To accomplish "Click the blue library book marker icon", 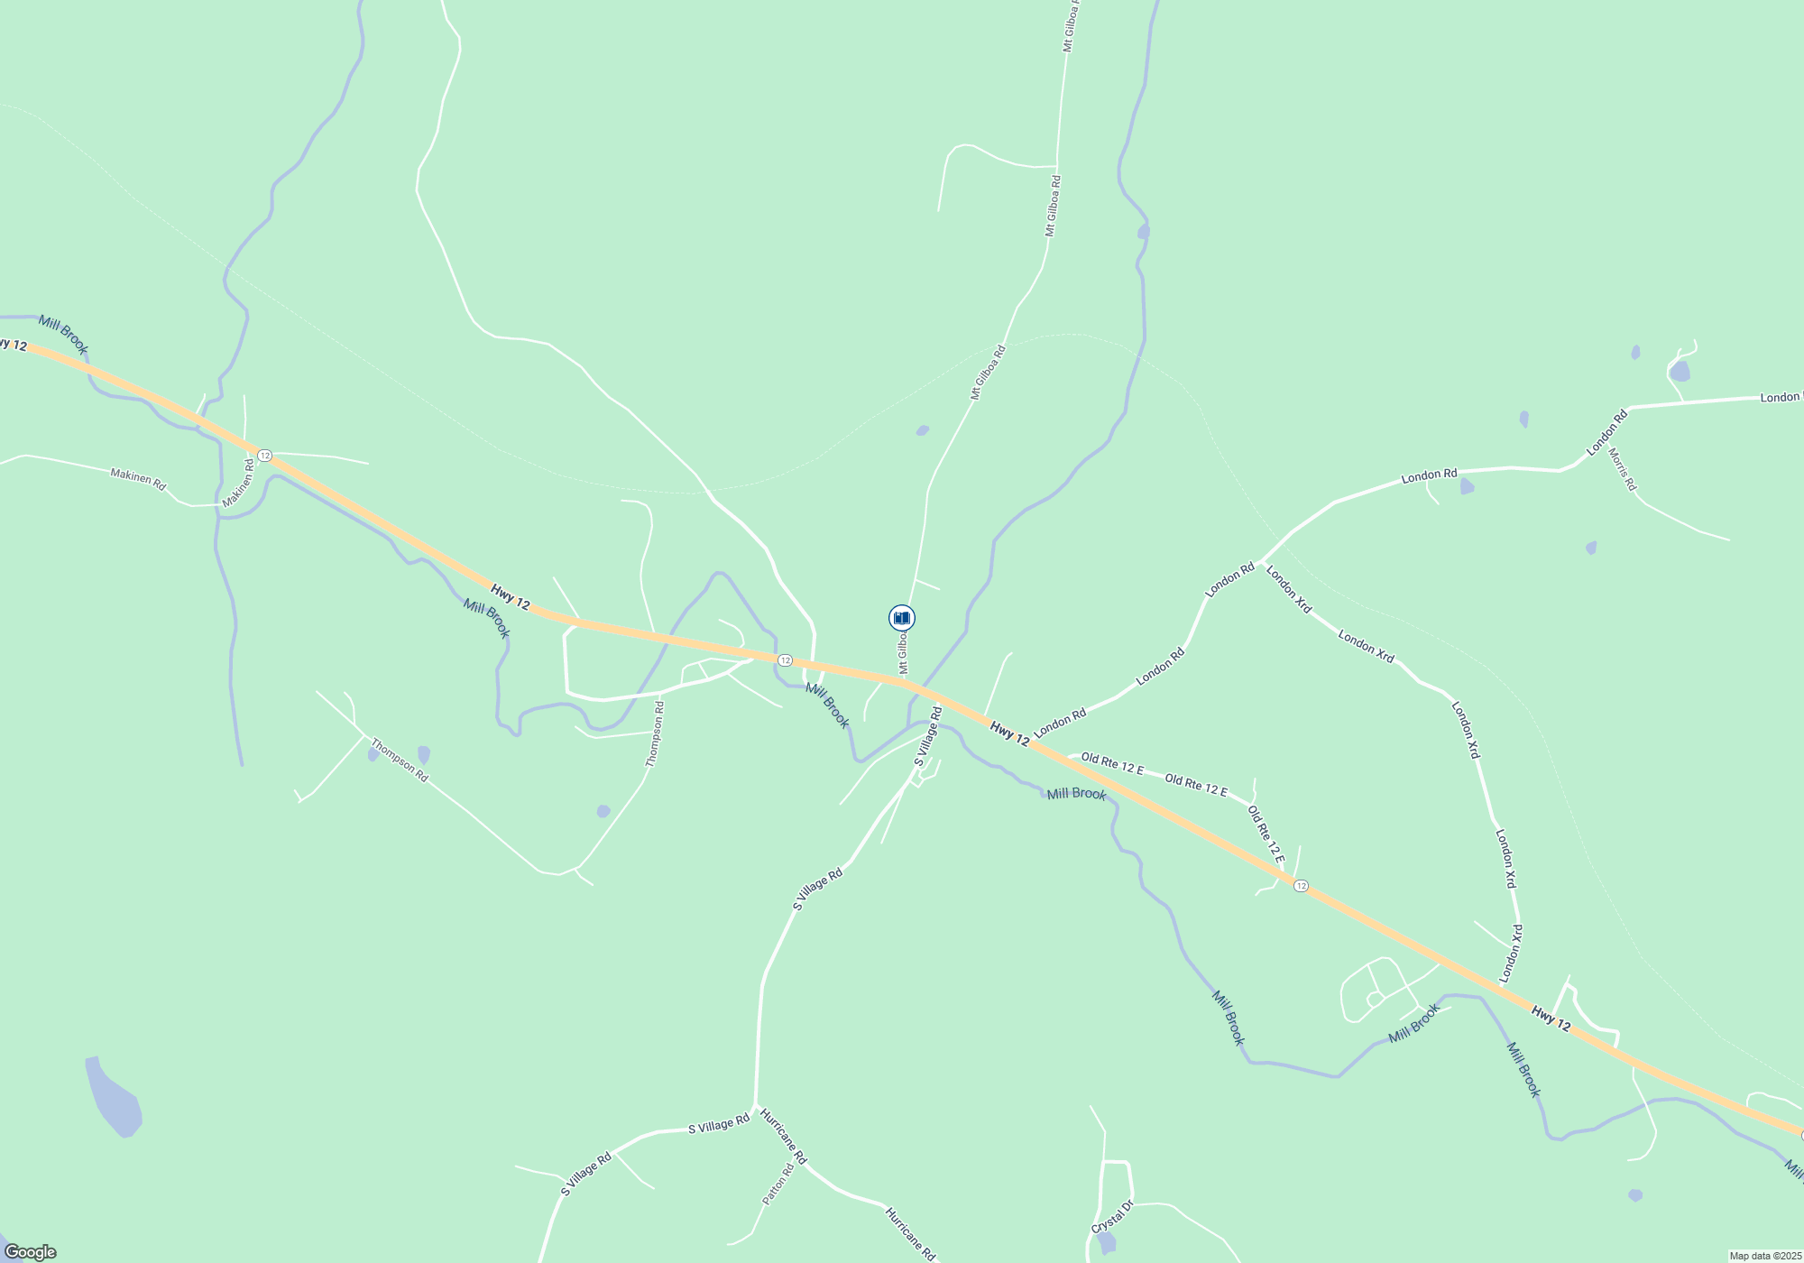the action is (x=901, y=618).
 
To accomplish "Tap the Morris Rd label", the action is (x=1622, y=470).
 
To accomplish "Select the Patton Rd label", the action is (x=778, y=1185).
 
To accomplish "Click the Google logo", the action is (x=30, y=1252).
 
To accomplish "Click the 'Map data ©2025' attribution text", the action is (x=1764, y=1256).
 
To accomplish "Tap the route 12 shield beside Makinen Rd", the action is (x=264, y=456).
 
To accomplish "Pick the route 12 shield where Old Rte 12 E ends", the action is (x=1300, y=886).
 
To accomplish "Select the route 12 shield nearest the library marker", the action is (x=785, y=660).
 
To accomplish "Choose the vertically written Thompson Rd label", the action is (x=655, y=734).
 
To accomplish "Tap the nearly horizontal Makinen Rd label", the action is (x=138, y=478).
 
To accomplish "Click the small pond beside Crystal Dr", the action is (x=1107, y=1244).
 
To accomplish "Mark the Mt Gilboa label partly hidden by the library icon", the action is (x=902, y=652).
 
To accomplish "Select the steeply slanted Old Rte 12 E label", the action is (x=1266, y=834).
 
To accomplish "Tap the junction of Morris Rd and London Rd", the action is (x=1604, y=448).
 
